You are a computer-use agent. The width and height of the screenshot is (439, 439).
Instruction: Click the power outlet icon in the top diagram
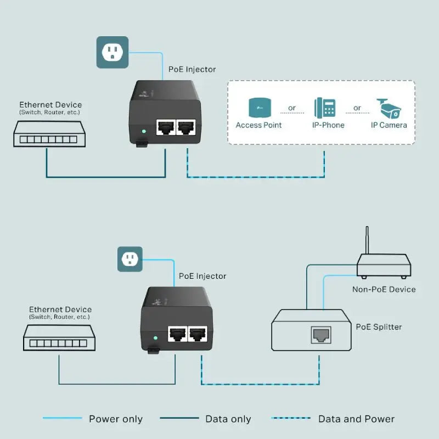click(x=112, y=52)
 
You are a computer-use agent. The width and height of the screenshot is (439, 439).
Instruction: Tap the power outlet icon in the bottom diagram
click(x=130, y=259)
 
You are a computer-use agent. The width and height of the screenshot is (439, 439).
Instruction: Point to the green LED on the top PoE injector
click(x=144, y=132)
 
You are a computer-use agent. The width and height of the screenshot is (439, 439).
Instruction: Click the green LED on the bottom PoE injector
click(x=156, y=338)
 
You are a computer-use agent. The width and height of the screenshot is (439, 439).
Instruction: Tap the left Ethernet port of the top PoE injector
click(x=165, y=127)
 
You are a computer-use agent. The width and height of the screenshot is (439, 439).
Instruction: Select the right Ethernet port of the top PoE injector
click(x=187, y=127)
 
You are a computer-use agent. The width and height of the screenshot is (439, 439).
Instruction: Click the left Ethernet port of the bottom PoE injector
click(x=177, y=334)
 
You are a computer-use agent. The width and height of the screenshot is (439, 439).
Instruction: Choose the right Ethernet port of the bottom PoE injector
click(x=198, y=334)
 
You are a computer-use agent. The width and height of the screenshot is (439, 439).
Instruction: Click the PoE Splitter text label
click(x=379, y=327)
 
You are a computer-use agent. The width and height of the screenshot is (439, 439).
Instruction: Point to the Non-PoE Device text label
click(x=384, y=289)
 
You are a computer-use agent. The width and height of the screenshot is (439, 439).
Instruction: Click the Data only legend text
click(x=228, y=419)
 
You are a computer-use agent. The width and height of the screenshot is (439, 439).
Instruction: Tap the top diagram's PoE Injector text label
click(x=192, y=70)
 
